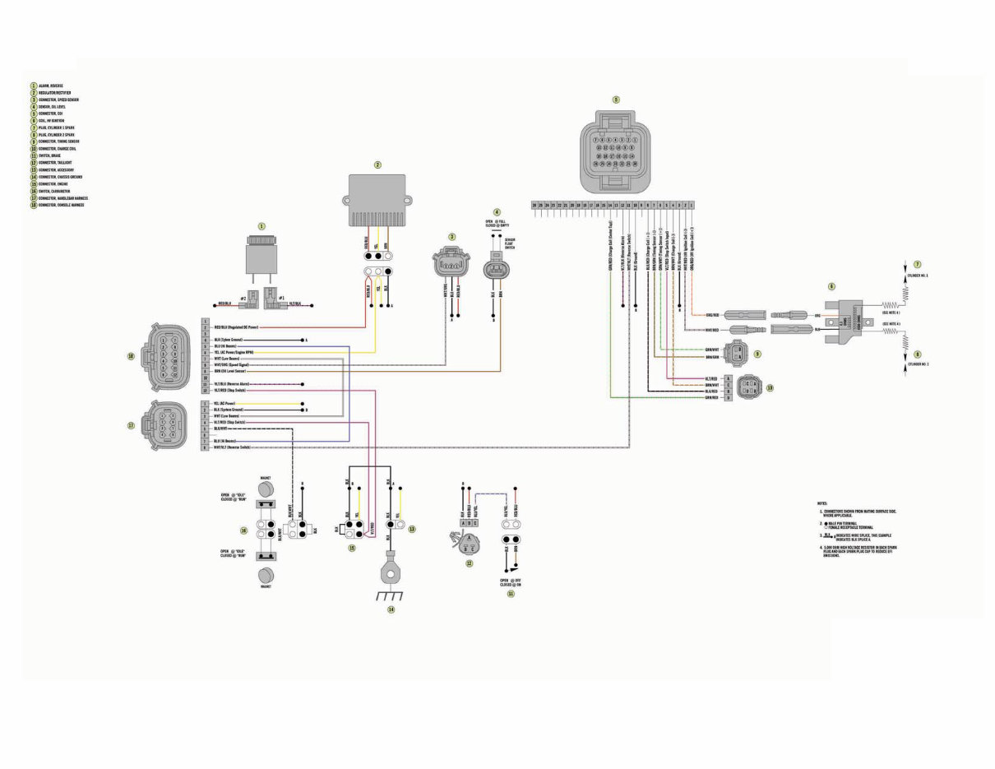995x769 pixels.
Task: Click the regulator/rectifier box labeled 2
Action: [x=378, y=199]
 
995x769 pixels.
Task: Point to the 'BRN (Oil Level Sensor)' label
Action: [x=229, y=371]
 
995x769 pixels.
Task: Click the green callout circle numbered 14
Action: [x=391, y=609]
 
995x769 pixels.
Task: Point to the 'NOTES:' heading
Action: [x=821, y=503]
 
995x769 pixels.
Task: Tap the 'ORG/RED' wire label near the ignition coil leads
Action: [x=713, y=315]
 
